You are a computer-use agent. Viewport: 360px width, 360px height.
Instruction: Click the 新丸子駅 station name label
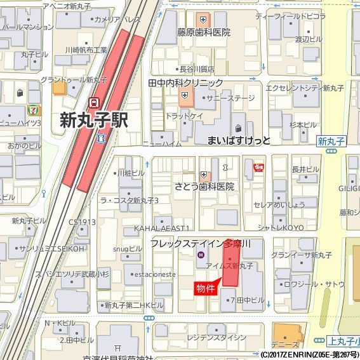pos(94,120)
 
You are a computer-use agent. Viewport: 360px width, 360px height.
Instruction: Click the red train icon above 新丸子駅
pos(94,102)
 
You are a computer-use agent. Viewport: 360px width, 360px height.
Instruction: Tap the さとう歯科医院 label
pos(204,187)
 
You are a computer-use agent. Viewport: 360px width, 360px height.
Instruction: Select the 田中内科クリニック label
pos(185,83)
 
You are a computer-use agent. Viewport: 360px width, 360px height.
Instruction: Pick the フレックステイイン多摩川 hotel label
pos(201,244)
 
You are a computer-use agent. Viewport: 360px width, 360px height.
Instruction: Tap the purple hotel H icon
pos(201,255)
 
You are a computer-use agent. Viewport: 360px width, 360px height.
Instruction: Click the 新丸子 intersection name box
pos(331,141)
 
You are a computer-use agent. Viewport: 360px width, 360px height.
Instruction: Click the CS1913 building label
pos(83,222)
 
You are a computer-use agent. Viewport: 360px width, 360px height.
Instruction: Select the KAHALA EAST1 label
pos(162,228)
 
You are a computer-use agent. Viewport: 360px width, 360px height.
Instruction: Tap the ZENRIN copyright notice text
pos(309,354)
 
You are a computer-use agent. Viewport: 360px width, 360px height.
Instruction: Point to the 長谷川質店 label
pos(197,69)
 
